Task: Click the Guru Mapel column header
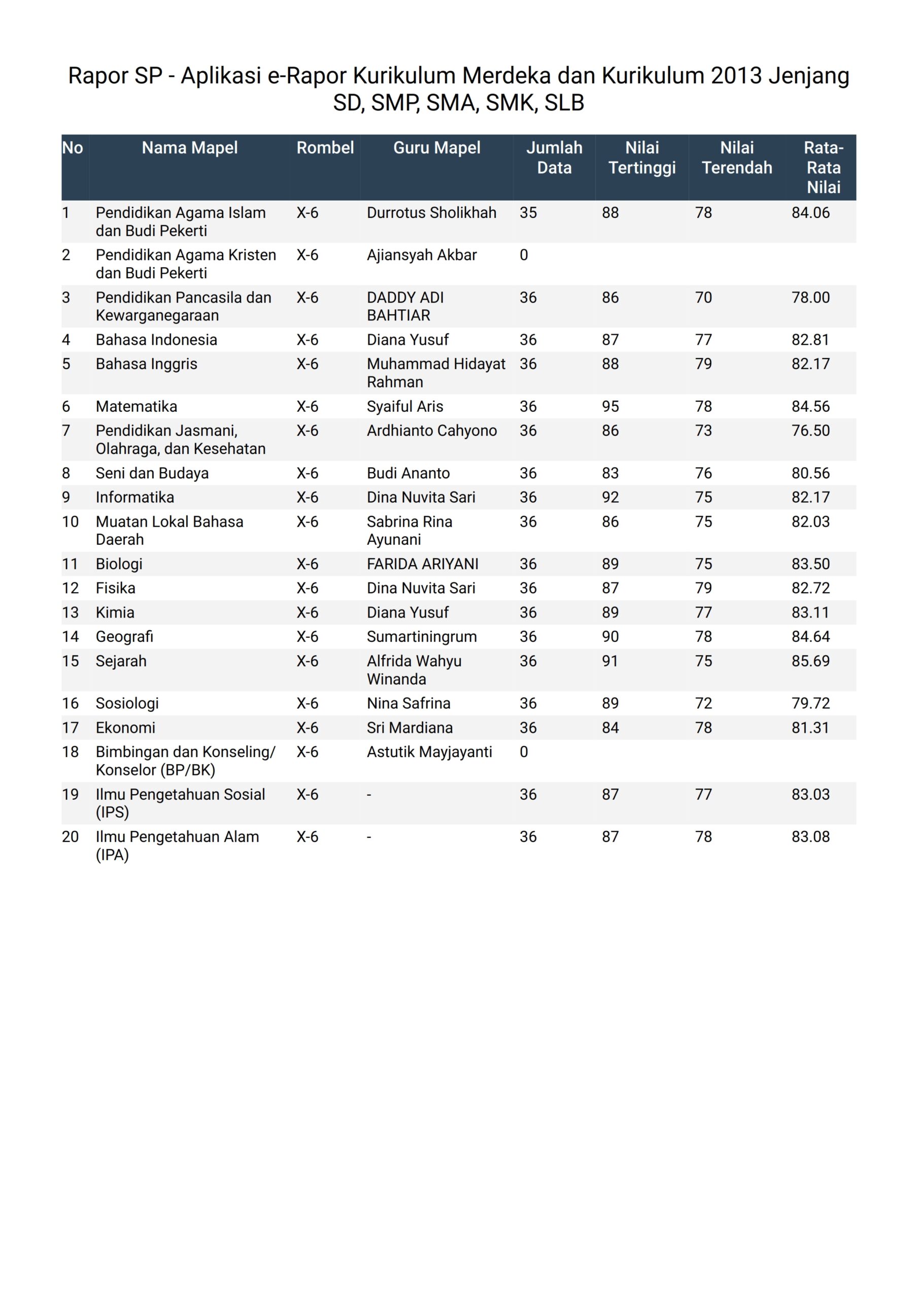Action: [x=436, y=148]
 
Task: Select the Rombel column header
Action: [x=325, y=148]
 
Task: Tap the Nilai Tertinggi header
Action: [x=642, y=157]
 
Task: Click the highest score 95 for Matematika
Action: [x=610, y=407]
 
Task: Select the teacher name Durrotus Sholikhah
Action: [x=431, y=213]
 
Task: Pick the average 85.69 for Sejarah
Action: [x=810, y=661]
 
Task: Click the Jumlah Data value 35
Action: [x=528, y=213]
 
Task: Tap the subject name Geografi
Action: [x=124, y=636]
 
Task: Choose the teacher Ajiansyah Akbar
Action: [x=422, y=255]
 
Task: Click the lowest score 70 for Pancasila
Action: [x=703, y=298]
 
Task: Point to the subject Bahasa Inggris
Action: [x=147, y=364]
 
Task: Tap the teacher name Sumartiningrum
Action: [x=422, y=636]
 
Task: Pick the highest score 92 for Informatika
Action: [x=610, y=497]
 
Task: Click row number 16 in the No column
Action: [x=70, y=703]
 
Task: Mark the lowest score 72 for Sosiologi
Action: [x=703, y=703]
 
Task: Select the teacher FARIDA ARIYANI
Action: [x=422, y=564]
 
